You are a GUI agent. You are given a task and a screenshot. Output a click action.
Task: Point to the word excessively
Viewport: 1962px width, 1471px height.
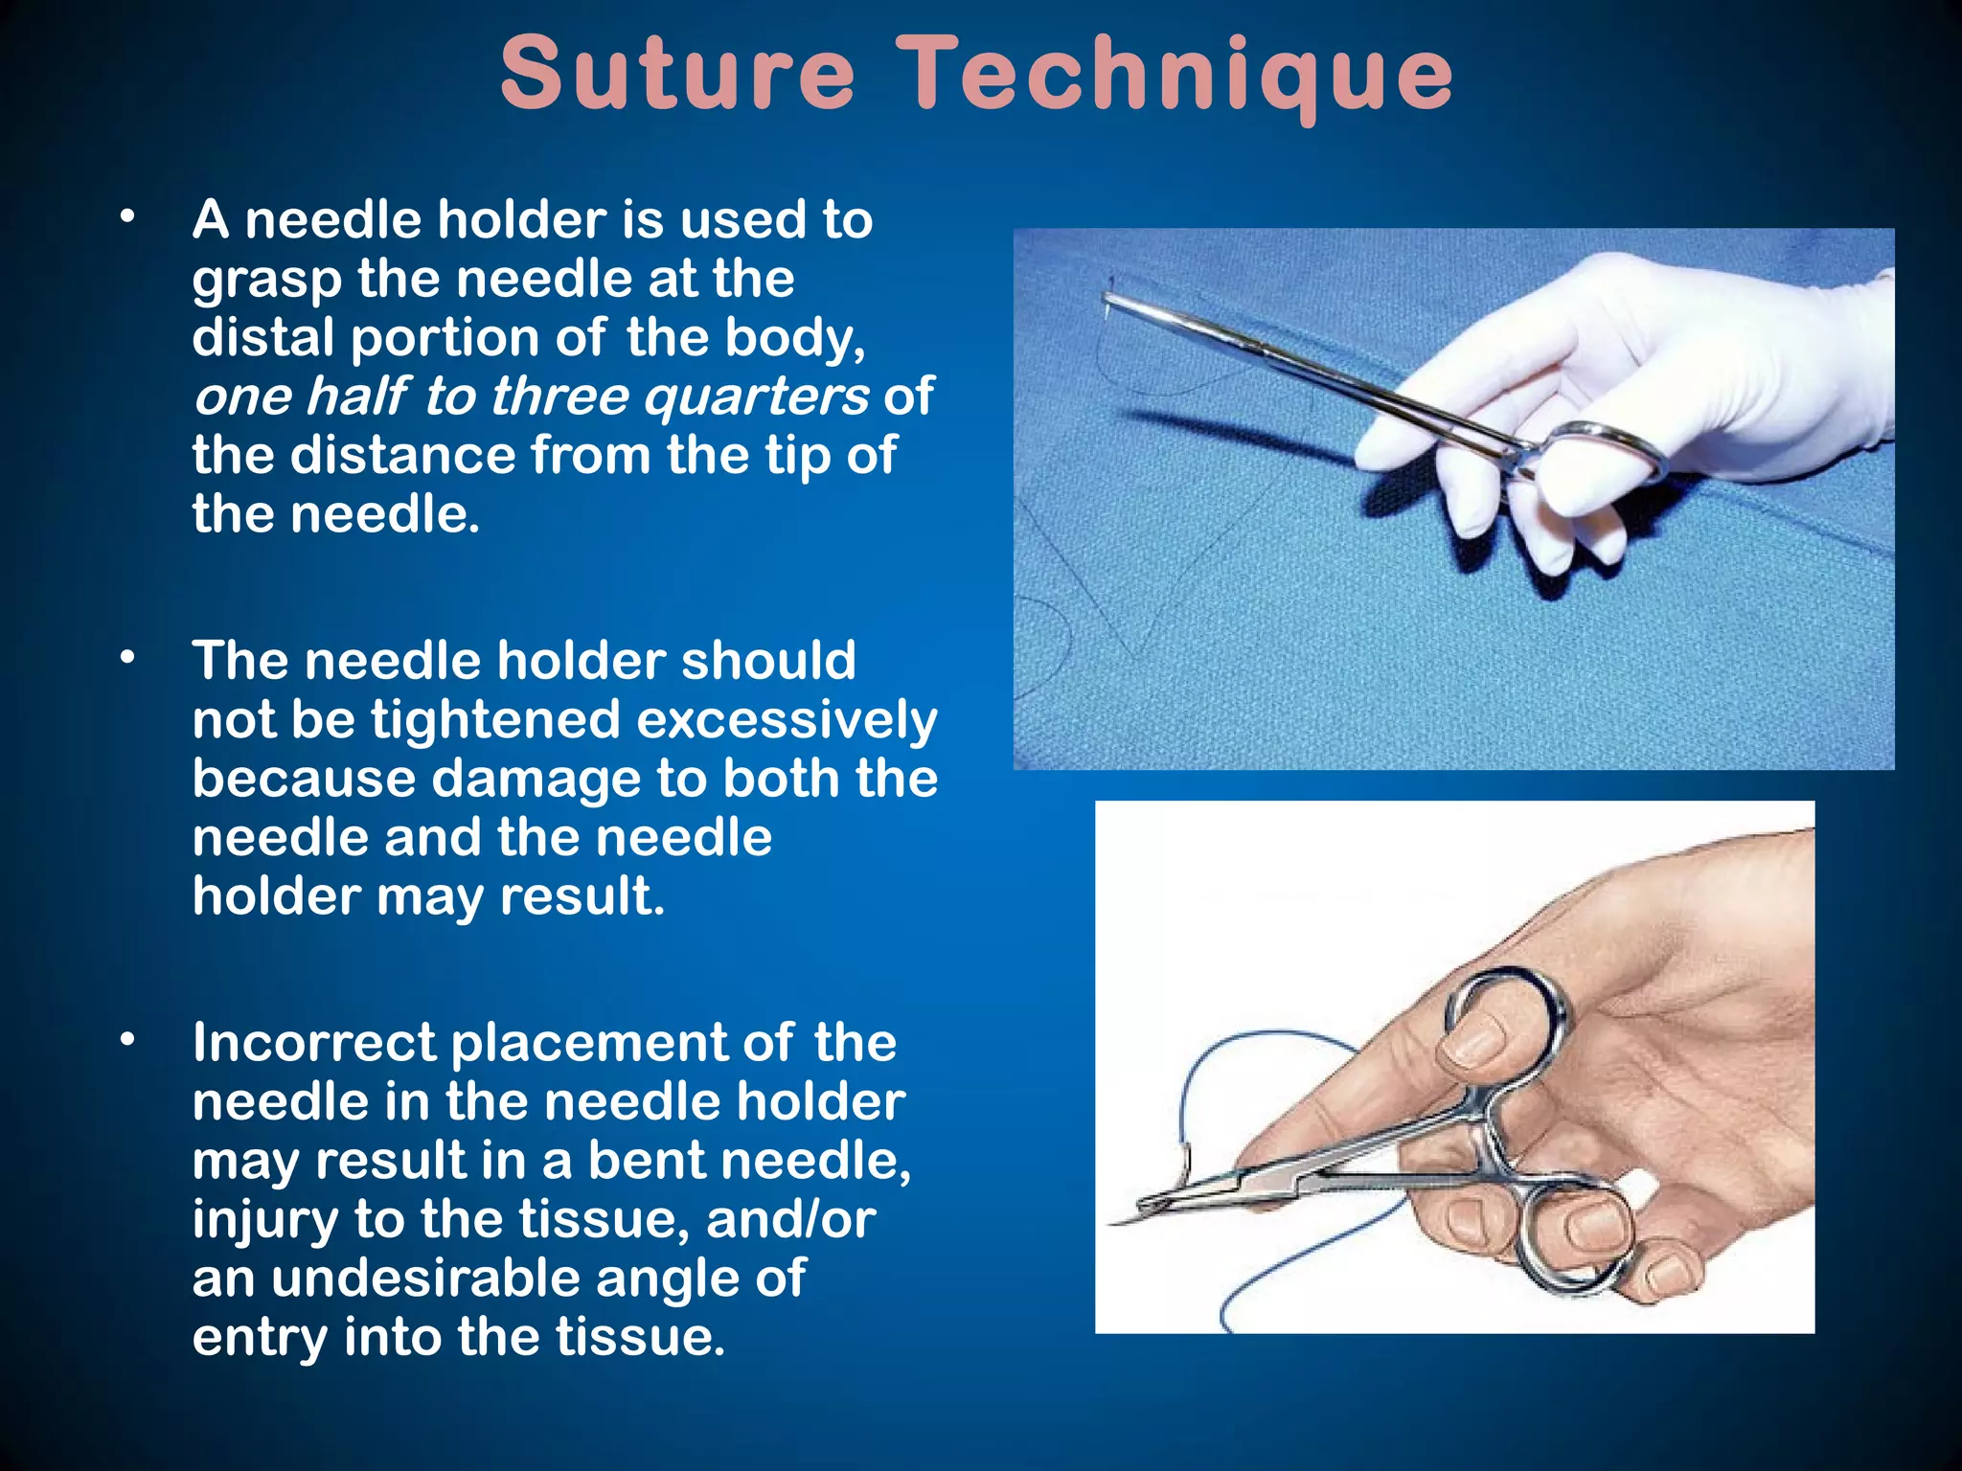click(787, 720)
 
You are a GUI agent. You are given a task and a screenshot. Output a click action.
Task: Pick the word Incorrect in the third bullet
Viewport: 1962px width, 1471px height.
click(314, 1042)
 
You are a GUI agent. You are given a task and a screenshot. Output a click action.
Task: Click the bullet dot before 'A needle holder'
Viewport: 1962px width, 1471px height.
click(127, 218)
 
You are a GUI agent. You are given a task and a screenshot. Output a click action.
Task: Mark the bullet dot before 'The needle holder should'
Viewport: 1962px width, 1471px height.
click(127, 659)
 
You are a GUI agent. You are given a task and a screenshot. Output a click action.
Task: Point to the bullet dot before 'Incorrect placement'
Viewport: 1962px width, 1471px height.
click(127, 1040)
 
